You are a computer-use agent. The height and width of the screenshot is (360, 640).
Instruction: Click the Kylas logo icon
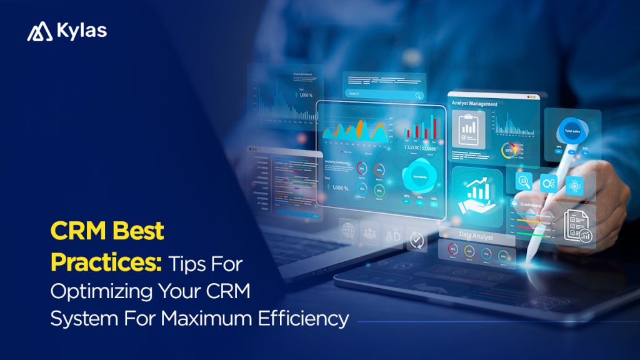39,32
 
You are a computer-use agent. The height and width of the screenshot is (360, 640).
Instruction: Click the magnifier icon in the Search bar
417,94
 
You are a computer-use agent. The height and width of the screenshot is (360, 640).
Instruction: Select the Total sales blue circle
572,131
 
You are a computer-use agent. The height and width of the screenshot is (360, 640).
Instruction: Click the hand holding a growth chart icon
476,193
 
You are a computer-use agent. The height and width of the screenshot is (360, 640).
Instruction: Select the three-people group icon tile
370,232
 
